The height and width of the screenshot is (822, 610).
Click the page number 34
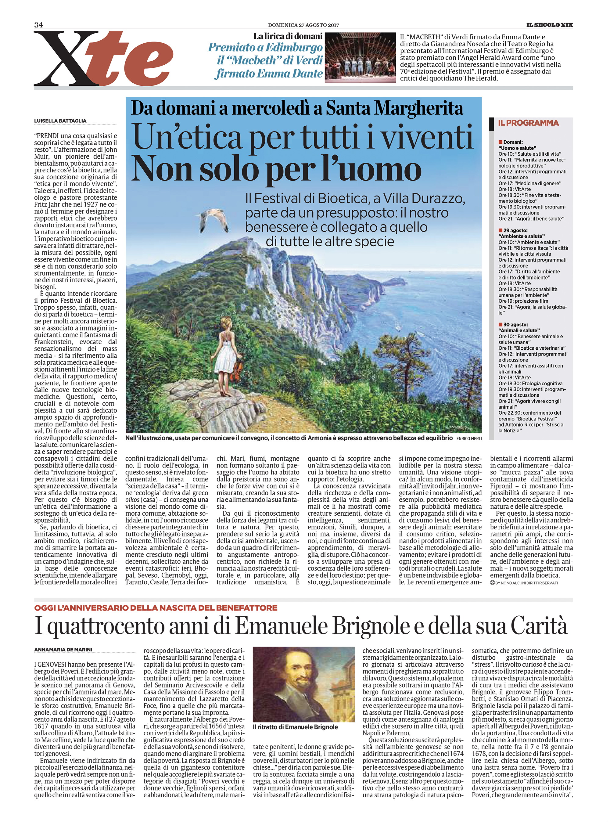(38, 25)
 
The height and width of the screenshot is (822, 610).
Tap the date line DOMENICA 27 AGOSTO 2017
(303, 25)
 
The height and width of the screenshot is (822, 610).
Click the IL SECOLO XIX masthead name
(549, 25)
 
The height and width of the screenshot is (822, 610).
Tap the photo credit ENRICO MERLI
(469, 438)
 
